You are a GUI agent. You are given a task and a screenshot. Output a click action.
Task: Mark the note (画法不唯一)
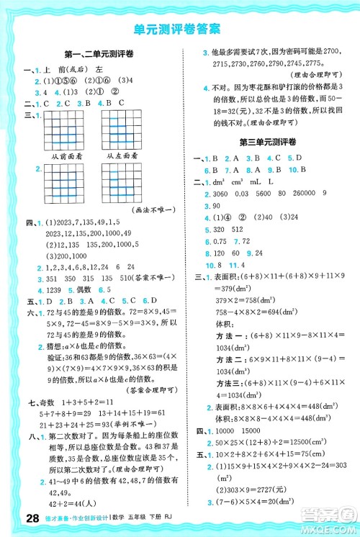click(156, 209)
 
